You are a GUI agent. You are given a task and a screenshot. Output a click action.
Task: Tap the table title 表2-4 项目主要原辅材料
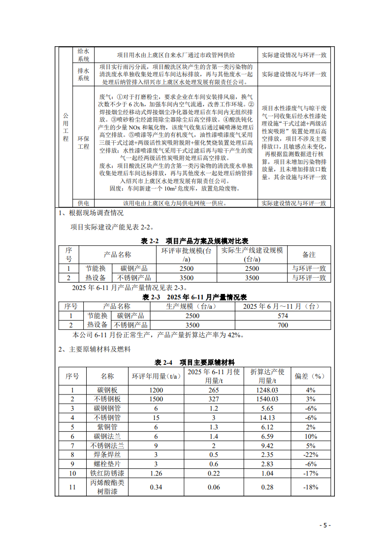tap(195, 362)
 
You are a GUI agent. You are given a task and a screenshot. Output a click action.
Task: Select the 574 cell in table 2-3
tap(283, 316)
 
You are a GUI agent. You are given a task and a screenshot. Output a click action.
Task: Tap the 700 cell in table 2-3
tap(283, 325)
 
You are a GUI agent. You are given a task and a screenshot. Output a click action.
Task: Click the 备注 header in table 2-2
tap(309, 255)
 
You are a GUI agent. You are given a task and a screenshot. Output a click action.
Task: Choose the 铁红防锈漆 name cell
tap(107, 473)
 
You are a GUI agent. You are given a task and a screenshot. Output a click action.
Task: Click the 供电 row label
tap(84, 203)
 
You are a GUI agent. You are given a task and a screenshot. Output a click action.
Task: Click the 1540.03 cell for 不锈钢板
tap(268, 399)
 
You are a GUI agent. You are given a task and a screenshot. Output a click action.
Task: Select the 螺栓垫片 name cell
tap(107, 463)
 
